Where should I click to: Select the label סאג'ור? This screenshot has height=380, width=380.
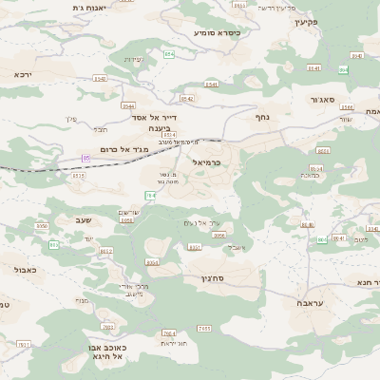pos(322,99)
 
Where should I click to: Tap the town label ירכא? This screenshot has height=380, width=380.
pos(23,74)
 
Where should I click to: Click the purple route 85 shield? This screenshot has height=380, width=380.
pos(86,158)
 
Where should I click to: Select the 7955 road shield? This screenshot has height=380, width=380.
pos(204,328)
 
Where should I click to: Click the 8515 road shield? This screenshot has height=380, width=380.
pos(79,175)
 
